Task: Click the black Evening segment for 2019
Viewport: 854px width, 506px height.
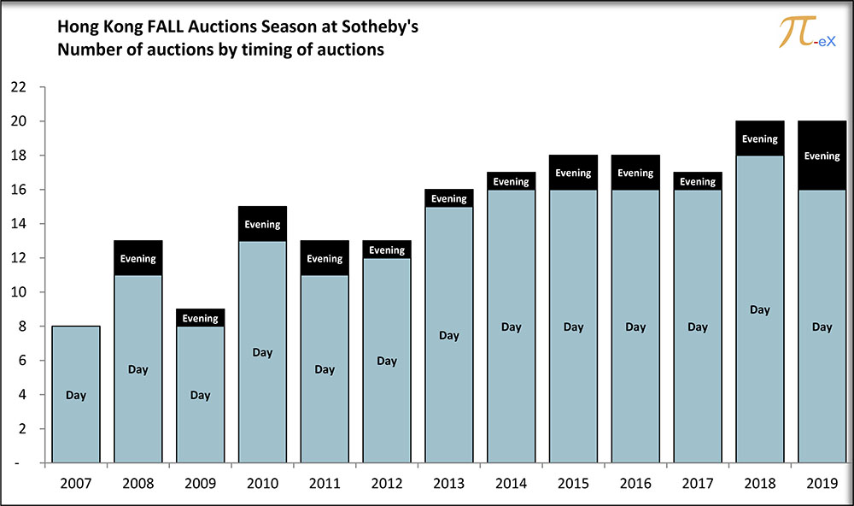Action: point(822,156)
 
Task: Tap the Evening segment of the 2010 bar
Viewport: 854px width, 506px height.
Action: point(262,224)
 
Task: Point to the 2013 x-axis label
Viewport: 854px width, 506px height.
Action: point(449,483)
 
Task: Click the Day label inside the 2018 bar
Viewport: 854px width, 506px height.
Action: point(760,309)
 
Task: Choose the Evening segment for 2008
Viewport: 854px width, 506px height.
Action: point(137,258)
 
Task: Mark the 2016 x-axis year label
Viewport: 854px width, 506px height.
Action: point(635,483)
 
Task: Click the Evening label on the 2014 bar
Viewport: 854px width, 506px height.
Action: point(511,181)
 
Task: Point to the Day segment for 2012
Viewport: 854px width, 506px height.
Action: point(387,361)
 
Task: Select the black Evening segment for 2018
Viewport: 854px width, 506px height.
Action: point(760,138)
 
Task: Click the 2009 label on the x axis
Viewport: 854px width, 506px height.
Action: point(200,483)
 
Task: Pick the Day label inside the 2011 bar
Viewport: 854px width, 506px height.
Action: point(325,369)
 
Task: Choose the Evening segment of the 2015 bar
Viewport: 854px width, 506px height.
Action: point(573,173)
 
